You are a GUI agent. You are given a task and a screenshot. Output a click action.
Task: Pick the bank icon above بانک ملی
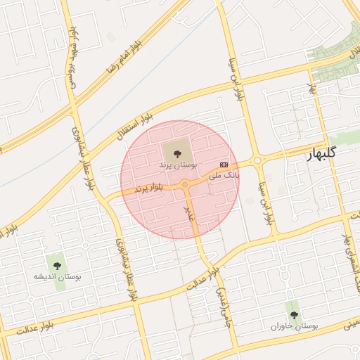(224, 165)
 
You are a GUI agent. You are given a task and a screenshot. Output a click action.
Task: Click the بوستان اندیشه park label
(58, 277)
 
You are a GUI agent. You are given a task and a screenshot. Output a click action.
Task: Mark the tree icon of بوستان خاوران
(294, 314)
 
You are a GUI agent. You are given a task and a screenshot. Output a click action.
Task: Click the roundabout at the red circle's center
(185, 184)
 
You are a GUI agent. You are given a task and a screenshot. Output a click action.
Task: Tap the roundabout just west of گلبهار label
(257, 161)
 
